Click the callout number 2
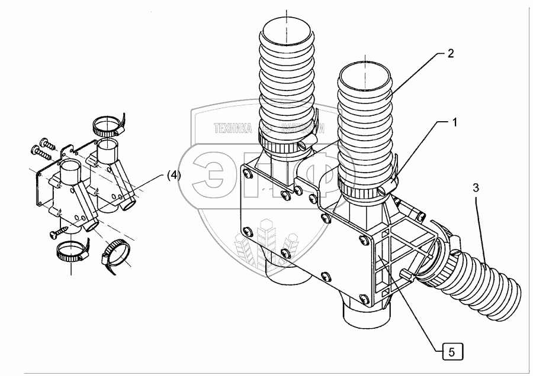click(x=450, y=54)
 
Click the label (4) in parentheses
click(x=174, y=175)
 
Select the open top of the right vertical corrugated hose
click(x=365, y=73)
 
